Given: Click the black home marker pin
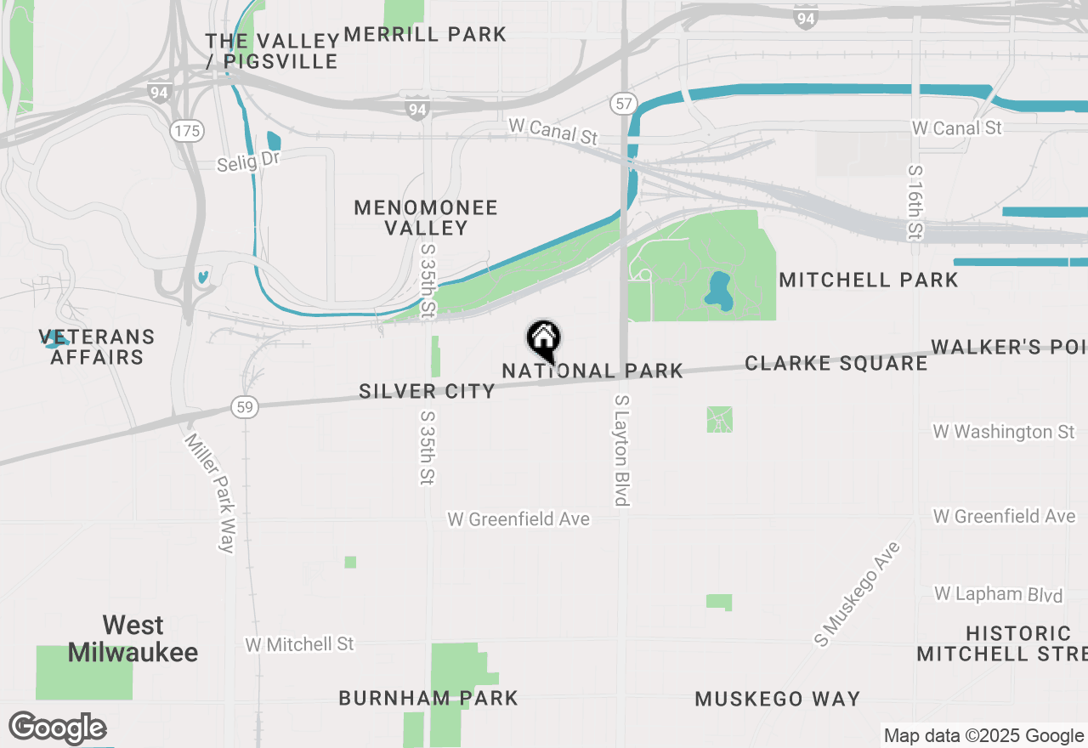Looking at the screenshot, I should [x=543, y=340].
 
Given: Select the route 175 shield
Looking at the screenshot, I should [x=185, y=131].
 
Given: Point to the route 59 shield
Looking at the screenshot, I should [x=245, y=408].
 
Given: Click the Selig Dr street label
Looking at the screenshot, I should [x=248, y=161].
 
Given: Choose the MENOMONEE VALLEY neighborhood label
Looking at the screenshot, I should [x=426, y=218].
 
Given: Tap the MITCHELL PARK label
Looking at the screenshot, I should [x=868, y=280].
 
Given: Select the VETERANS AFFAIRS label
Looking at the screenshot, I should [x=97, y=347].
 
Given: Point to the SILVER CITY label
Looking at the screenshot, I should [x=427, y=391].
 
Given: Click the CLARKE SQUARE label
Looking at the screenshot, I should [x=836, y=364].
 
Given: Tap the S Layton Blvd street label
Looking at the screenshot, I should [x=622, y=450].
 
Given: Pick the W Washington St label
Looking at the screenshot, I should [x=1004, y=432].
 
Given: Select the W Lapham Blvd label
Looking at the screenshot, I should [x=998, y=593].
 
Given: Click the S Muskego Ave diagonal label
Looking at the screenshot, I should [x=857, y=594].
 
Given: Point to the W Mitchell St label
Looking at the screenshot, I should [x=299, y=644].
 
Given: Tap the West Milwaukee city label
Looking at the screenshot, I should [x=133, y=639].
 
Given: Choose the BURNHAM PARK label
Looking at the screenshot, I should [x=428, y=699].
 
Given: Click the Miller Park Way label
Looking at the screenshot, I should [x=211, y=493].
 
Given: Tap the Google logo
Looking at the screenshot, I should [x=57, y=728].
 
